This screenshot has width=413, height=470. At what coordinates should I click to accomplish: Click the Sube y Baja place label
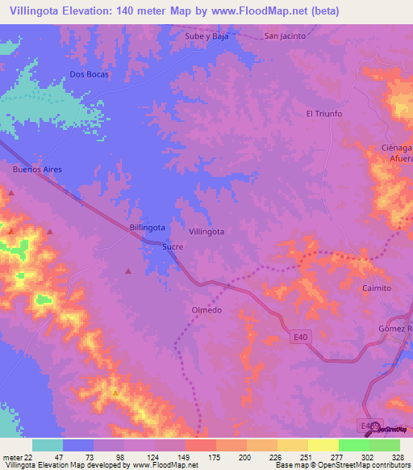tap(208, 36)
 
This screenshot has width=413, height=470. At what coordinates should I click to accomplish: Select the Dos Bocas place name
tap(89, 74)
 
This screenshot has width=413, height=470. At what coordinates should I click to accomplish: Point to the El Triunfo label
tap(323, 114)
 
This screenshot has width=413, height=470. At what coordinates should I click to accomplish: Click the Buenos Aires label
tap(37, 170)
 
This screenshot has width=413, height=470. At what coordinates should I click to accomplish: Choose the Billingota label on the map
tap(148, 228)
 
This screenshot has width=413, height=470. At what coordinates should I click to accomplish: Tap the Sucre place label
tap(173, 247)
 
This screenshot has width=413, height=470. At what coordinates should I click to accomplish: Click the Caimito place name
tap(376, 288)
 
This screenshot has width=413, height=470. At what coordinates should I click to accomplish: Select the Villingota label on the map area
tap(206, 231)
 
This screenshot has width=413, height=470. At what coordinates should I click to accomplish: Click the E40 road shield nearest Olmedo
tap(300, 342)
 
